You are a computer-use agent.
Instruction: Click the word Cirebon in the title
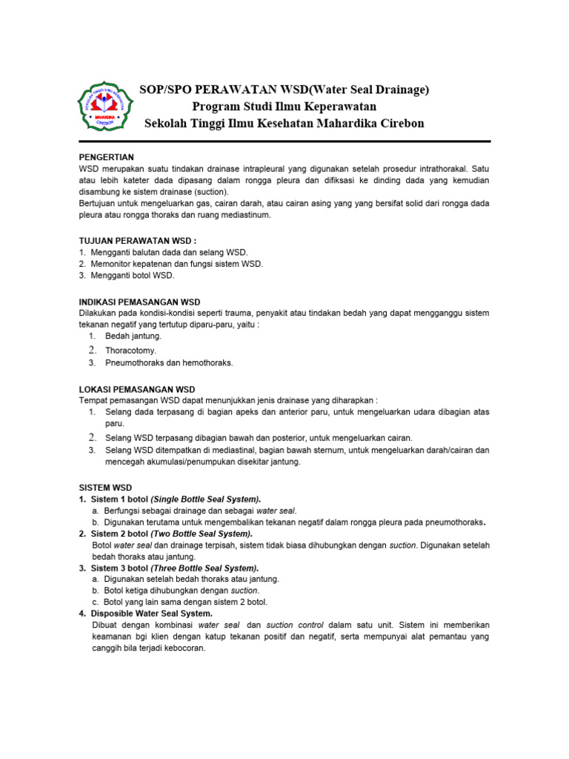click(x=399, y=123)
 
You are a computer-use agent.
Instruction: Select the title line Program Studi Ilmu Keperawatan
click(x=284, y=107)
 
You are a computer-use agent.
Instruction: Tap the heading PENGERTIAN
click(x=107, y=157)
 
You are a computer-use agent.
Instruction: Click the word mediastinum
click(x=248, y=215)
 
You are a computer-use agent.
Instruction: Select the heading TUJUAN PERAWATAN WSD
click(x=138, y=241)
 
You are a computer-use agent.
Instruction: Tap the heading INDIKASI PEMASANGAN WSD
click(x=139, y=302)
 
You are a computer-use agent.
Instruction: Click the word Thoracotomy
click(x=131, y=350)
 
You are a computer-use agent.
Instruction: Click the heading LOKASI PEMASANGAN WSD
click(x=137, y=388)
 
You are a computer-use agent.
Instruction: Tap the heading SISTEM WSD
click(x=105, y=488)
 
